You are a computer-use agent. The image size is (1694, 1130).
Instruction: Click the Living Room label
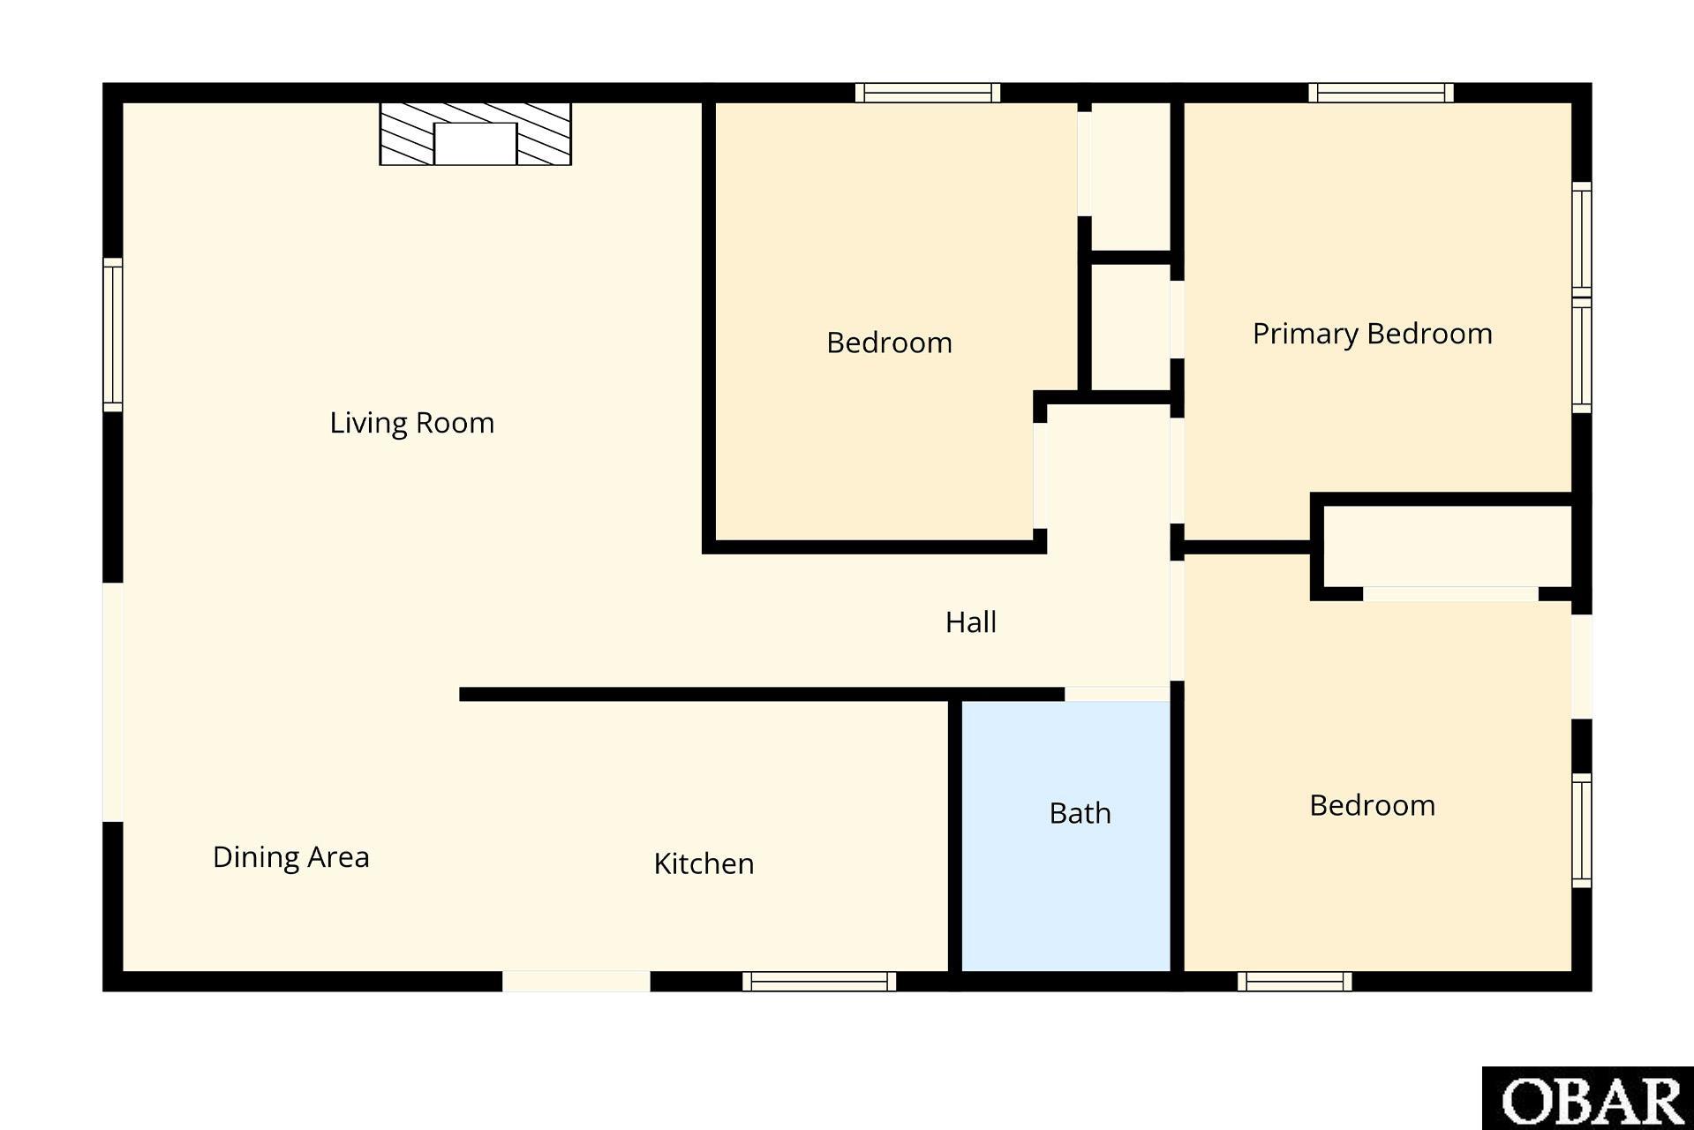(411, 423)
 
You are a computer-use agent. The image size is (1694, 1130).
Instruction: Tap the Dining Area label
(290, 857)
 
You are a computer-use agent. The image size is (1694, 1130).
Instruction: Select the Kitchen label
(704, 863)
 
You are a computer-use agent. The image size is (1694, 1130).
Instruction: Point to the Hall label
(971, 622)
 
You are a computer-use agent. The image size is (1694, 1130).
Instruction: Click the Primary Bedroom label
(1372, 334)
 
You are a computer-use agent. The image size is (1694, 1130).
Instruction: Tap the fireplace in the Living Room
(476, 134)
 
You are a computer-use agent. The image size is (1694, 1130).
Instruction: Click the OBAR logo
(1588, 1098)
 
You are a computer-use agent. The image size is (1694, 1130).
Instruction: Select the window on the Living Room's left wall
(113, 335)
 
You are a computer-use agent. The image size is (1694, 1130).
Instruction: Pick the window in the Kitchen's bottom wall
(819, 981)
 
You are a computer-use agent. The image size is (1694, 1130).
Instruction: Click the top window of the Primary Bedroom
(1381, 93)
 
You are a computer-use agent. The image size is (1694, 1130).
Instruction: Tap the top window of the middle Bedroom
(928, 93)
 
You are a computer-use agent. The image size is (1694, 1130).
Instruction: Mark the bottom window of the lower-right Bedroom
(1294, 981)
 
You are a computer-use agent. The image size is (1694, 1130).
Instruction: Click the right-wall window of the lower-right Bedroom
(1582, 831)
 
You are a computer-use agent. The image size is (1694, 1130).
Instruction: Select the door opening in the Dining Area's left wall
(113, 702)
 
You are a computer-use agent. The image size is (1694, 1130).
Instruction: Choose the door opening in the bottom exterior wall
(576, 981)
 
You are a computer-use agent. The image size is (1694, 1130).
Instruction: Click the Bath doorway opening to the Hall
(1118, 694)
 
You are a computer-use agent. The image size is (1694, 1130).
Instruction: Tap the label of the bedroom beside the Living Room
(889, 343)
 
